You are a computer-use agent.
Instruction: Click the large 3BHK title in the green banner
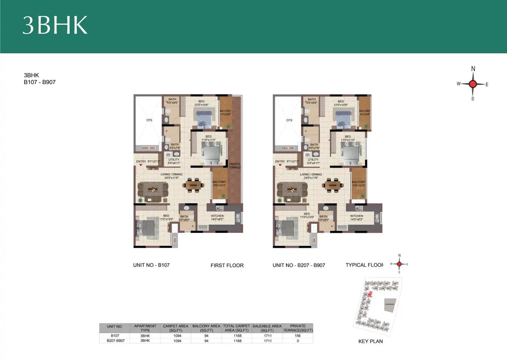(x=55, y=25)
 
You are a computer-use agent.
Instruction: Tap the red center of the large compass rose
(x=473, y=84)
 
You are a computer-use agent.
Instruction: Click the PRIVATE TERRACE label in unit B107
(x=235, y=166)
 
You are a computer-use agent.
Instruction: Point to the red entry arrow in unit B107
(x=141, y=165)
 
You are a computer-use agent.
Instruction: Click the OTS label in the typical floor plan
(x=289, y=120)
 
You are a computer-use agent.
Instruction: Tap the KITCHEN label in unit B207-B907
(x=356, y=218)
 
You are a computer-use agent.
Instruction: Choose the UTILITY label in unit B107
(x=174, y=161)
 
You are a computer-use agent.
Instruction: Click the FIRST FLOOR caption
(x=227, y=265)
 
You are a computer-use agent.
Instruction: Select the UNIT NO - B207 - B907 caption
(x=299, y=265)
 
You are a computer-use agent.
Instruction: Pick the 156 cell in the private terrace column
(x=297, y=336)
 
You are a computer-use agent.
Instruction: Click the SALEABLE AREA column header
(x=267, y=328)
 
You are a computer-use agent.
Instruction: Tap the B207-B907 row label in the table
(x=116, y=341)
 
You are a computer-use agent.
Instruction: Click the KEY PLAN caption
(x=370, y=341)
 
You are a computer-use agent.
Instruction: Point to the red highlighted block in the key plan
(x=370, y=294)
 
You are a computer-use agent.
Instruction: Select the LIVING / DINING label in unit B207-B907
(x=311, y=176)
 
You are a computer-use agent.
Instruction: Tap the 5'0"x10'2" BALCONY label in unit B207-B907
(x=358, y=183)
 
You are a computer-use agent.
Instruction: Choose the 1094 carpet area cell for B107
(x=177, y=336)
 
